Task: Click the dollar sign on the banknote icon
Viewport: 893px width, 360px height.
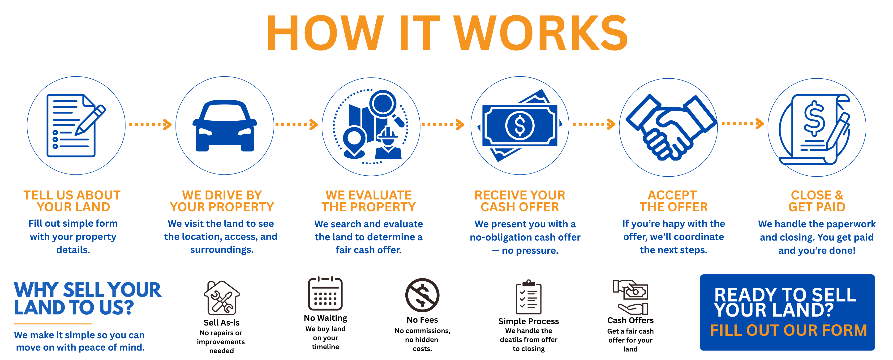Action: tap(520, 125)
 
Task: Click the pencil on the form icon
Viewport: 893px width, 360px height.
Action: tap(90, 119)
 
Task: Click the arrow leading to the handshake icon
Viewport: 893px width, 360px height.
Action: tap(594, 124)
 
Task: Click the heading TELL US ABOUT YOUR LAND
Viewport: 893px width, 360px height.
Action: tap(72, 201)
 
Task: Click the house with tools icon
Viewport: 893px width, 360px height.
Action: tap(222, 298)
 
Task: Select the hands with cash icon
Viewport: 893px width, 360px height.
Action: tap(631, 297)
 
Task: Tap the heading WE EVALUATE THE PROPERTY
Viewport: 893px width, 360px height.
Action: tap(369, 201)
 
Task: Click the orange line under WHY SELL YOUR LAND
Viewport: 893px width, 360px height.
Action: tap(53, 324)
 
